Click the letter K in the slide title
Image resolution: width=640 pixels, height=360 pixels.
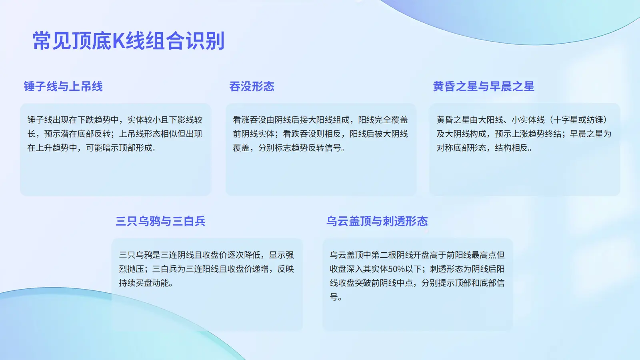(118, 41)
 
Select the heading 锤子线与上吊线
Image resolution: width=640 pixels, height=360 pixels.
(63, 86)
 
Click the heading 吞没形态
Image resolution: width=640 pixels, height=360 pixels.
(252, 86)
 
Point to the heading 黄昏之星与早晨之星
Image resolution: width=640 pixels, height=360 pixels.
(484, 86)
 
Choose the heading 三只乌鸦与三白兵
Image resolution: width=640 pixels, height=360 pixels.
(160, 221)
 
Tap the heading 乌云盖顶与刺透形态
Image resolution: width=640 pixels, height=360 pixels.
(377, 221)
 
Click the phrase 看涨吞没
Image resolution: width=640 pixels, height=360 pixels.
(250, 120)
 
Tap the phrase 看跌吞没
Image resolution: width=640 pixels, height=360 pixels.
(300, 134)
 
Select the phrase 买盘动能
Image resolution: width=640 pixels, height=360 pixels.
(152, 283)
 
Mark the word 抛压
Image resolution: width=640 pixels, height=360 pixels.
(136, 269)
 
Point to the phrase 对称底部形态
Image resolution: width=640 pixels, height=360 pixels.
(462, 148)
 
